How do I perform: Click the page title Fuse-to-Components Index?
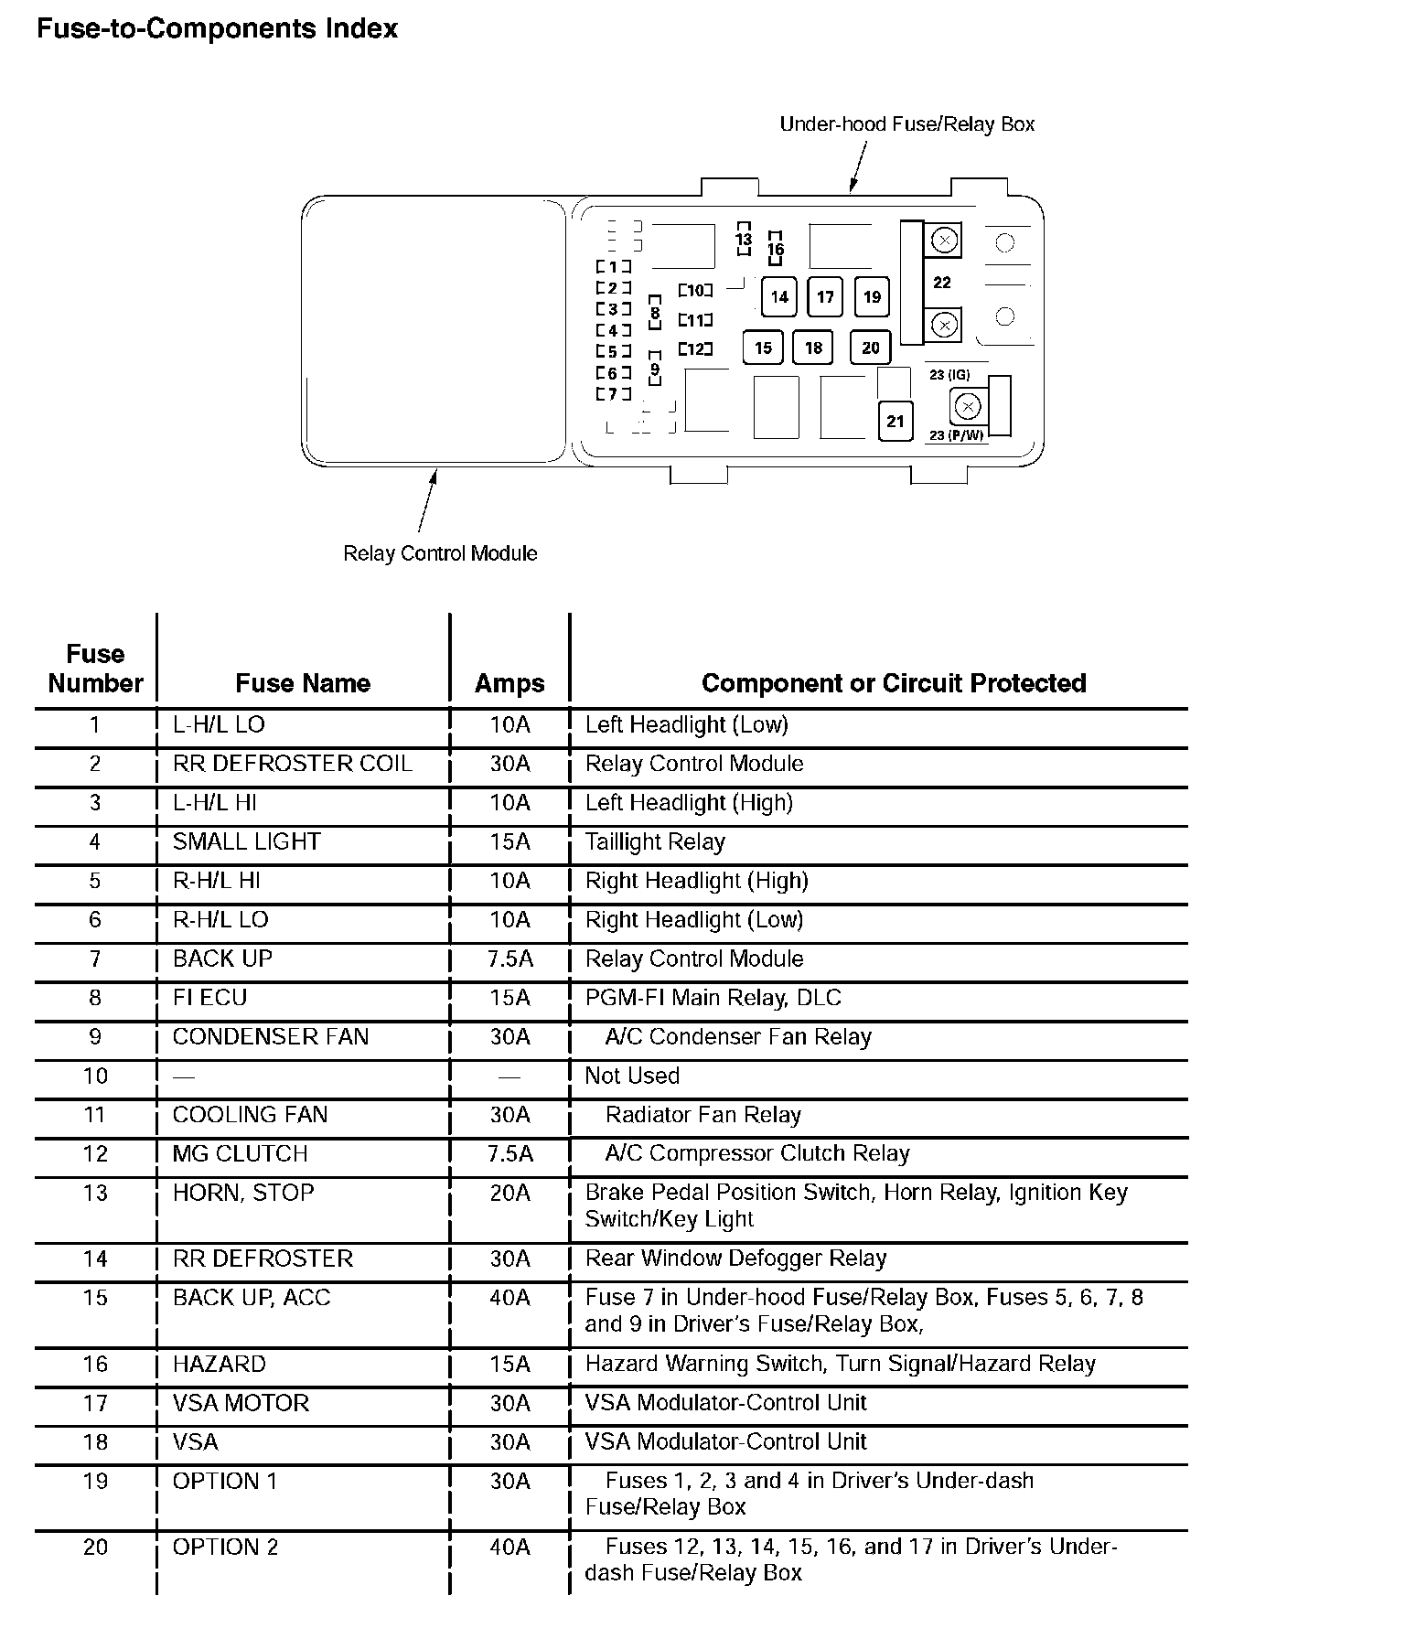[217, 29]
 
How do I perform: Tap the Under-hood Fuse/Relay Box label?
[906, 124]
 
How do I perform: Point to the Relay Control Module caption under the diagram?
[440, 553]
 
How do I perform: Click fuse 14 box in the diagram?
[779, 296]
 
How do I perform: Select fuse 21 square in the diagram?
[896, 421]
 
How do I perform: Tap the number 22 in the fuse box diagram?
[942, 283]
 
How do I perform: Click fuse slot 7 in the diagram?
[614, 395]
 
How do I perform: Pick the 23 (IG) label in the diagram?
[949, 375]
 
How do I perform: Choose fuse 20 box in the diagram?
[870, 348]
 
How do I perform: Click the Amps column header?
[509, 683]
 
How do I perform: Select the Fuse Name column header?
[303, 683]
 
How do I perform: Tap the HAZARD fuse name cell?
[220, 1364]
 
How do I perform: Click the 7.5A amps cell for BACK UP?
[509, 959]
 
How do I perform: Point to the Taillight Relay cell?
[655, 841]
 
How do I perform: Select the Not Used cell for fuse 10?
[632, 1076]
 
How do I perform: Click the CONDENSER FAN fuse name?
[271, 1036]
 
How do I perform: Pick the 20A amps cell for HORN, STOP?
[509, 1193]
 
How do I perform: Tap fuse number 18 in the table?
[95, 1442]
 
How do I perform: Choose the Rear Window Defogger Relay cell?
[735, 1258]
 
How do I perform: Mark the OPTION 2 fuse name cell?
[225, 1547]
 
